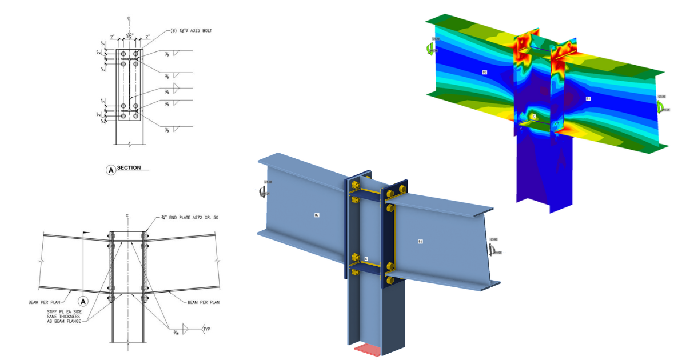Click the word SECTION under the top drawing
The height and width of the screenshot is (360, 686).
click(129, 169)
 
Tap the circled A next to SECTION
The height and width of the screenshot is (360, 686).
click(110, 169)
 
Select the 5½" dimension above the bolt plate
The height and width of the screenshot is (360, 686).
click(130, 35)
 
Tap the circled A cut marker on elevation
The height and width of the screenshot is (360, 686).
click(83, 300)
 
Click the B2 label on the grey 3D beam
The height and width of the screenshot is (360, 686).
click(316, 215)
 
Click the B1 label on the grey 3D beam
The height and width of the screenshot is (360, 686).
click(420, 242)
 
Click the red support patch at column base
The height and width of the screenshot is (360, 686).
click(368, 349)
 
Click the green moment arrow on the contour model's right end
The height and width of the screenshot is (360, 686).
click(661, 104)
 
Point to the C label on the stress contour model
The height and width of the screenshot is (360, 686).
click(533, 117)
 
